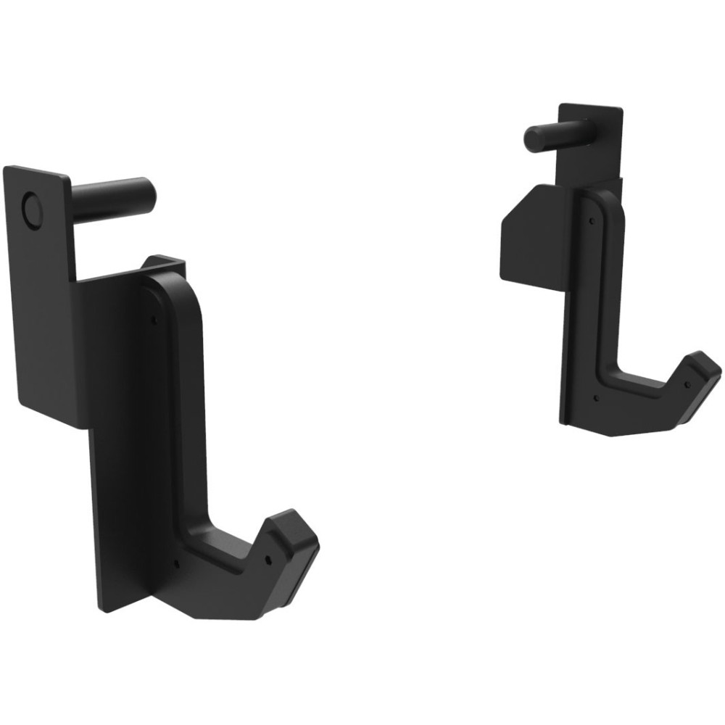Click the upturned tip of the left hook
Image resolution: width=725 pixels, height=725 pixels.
294,530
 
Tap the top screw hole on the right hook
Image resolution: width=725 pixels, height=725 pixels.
592,220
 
